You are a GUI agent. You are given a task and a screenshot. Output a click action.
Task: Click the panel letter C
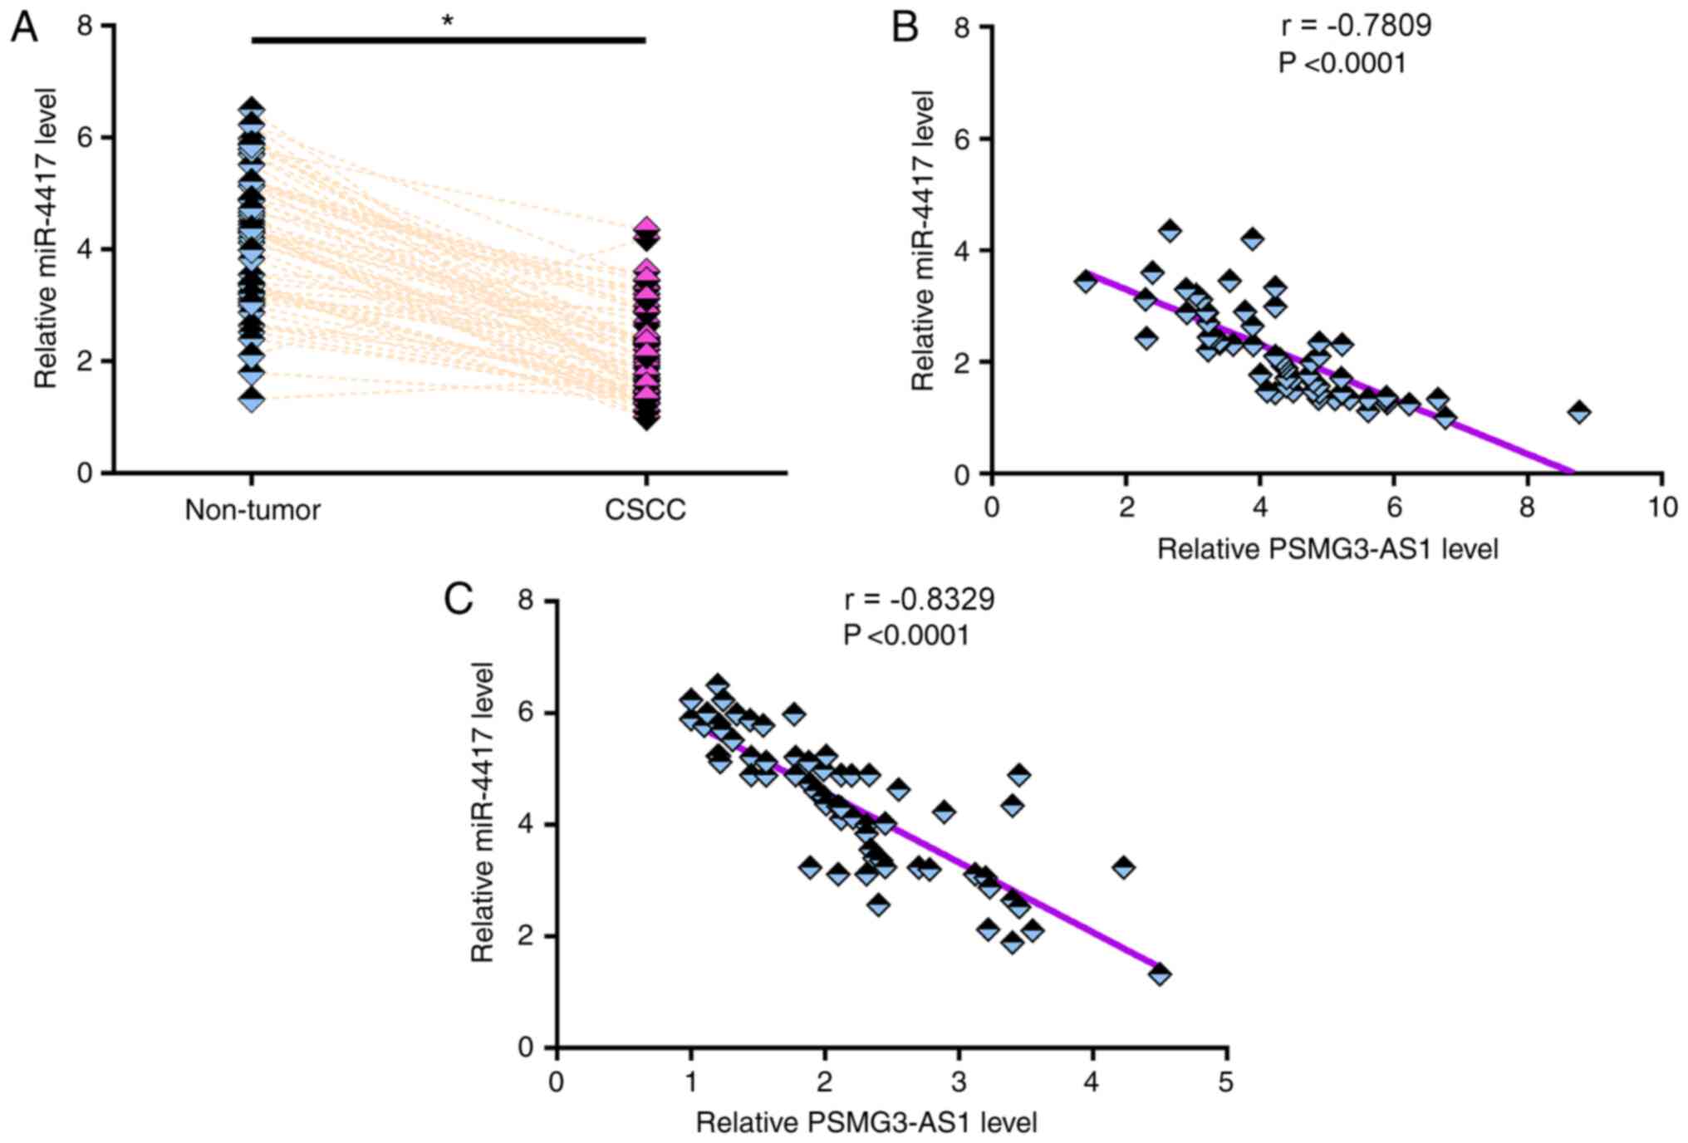[459, 598]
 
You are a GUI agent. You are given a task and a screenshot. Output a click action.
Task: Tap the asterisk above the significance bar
[448, 22]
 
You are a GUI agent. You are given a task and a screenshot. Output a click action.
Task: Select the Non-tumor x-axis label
[253, 509]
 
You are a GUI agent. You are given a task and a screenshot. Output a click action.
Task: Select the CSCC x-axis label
[645, 509]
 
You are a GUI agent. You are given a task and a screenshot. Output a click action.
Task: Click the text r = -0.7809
[1356, 26]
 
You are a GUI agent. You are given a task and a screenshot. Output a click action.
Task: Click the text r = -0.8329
[919, 599]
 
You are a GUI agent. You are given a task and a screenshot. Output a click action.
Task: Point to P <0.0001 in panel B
[1342, 63]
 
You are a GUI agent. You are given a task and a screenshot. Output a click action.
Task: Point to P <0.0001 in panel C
[906, 635]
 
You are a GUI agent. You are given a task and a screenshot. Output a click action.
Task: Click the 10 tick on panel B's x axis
[1662, 508]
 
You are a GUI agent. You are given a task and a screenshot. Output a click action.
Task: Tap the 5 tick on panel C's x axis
[1226, 1082]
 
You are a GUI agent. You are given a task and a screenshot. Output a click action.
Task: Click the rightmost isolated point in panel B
[1579, 411]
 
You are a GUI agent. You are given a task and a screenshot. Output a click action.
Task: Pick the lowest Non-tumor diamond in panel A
[252, 400]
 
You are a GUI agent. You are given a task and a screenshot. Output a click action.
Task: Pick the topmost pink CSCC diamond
[646, 227]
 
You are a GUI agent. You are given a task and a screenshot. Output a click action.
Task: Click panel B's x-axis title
[1327, 549]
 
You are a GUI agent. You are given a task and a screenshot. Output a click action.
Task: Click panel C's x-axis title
[866, 1123]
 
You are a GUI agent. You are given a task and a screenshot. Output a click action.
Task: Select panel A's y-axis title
[47, 238]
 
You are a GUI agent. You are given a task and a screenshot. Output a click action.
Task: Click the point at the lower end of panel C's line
[1160, 974]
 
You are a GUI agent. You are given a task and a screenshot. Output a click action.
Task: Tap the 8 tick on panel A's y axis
[85, 26]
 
